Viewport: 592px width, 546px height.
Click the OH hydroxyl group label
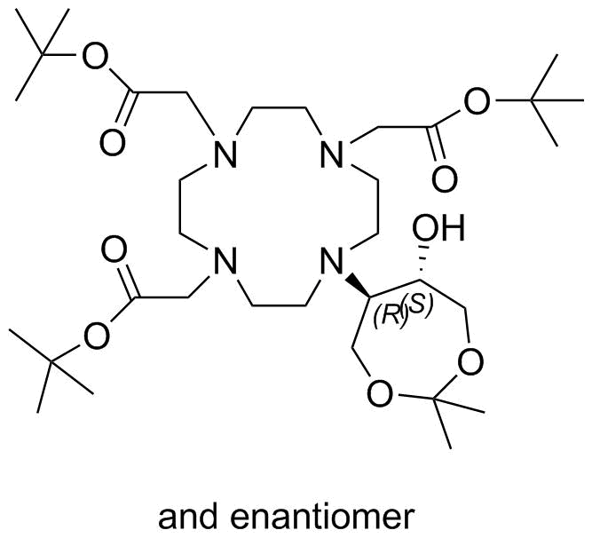pyautogui.click(x=438, y=228)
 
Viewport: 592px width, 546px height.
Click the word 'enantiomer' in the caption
pyautogui.click(x=322, y=517)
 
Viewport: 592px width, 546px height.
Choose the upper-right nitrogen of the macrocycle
pyautogui.click(x=332, y=154)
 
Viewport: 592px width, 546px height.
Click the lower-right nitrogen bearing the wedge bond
pyautogui.click(x=332, y=260)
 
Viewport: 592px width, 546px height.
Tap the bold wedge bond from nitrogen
pyautogui.click(x=358, y=286)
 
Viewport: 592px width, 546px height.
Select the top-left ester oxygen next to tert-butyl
pyautogui.click(x=95, y=56)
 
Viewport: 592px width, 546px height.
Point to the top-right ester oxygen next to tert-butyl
pyautogui.click(x=478, y=101)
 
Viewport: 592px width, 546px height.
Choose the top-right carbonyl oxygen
pyautogui.click(x=445, y=178)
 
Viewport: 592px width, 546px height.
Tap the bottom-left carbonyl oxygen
pyautogui.click(x=114, y=250)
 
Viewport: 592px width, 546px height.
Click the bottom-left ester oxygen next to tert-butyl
pyautogui.click(x=97, y=336)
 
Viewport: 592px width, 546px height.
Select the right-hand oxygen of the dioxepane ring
pyautogui.click(x=470, y=361)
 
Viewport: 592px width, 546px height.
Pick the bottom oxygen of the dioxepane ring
pyautogui.click(x=380, y=393)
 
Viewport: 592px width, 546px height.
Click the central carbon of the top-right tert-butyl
pyautogui.click(x=531, y=100)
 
